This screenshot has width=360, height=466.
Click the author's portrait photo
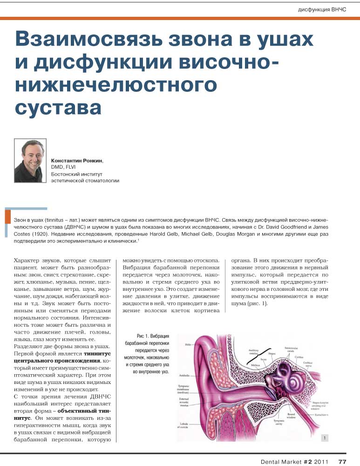pyautogui.click(x=30, y=161)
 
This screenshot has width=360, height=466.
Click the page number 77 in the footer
pyautogui.click(x=342, y=461)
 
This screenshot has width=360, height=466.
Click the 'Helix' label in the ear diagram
pyautogui.click(x=188, y=345)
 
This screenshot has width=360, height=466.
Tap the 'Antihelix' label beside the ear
pyautogui.click(x=184, y=375)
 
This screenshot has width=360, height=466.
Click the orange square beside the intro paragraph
pyautogui.click(x=7, y=217)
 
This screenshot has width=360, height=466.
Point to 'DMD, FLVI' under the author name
pyautogui.click(x=63, y=167)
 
